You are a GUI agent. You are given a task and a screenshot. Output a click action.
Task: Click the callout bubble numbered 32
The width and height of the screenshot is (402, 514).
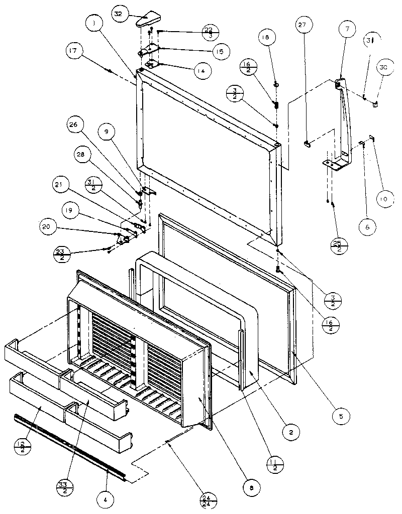pos(119,15)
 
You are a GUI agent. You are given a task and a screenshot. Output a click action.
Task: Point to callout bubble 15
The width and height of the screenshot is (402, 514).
pos(220,51)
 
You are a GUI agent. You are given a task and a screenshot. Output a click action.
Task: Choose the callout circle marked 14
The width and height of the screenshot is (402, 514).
pos(200,72)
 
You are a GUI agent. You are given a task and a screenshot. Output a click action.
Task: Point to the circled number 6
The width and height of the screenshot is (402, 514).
pos(367,226)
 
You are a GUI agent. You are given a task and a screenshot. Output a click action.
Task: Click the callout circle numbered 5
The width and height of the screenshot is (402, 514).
pos(342,416)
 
